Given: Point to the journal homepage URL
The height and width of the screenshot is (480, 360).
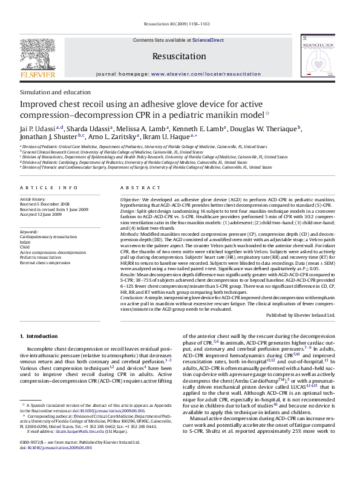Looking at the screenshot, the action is tap(206, 73).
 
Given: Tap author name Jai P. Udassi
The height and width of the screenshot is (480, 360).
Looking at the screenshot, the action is tap(38, 128).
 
